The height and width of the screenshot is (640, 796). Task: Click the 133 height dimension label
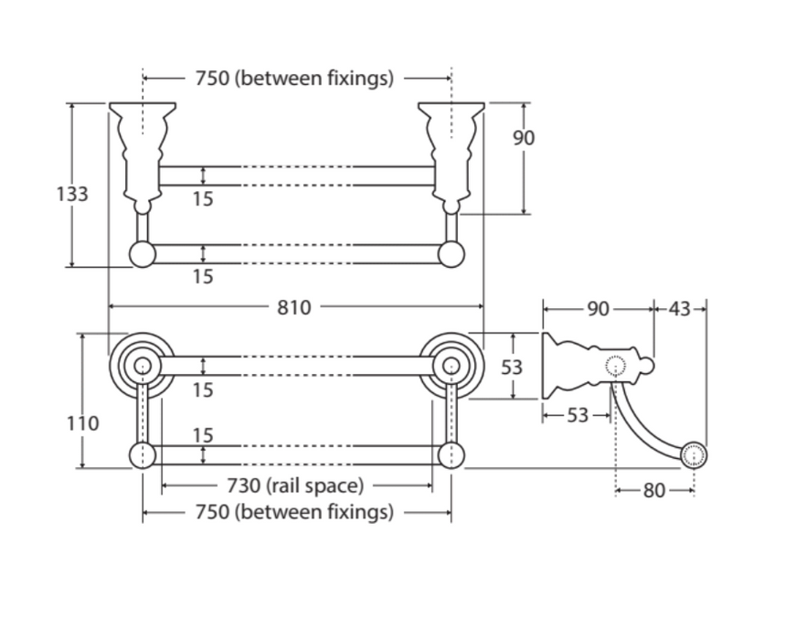tap(71, 194)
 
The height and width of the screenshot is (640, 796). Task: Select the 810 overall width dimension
tap(294, 307)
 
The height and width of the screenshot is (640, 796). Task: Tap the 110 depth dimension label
tap(83, 423)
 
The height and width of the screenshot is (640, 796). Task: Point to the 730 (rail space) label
tap(294, 485)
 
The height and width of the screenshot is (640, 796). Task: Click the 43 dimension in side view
tap(680, 309)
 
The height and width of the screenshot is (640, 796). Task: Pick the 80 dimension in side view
tap(654, 491)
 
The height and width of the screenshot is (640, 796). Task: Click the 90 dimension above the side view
tap(598, 309)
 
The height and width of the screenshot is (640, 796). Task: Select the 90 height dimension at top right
tap(523, 138)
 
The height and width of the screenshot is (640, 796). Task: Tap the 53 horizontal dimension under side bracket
tap(578, 416)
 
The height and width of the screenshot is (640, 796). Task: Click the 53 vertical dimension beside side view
tap(513, 367)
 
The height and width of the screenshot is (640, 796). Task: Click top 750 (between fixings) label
tap(294, 79)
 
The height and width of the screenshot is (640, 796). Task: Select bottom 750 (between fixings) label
tap(294, 512)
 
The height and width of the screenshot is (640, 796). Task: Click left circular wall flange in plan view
tap(142, 366)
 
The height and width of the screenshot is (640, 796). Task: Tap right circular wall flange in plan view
tap(451, 366)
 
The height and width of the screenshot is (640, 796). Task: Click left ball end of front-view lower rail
tap(143, 254)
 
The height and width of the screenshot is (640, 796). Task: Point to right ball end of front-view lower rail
tap(451, 254)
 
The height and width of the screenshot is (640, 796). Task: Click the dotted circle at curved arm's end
tap(694, 454)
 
